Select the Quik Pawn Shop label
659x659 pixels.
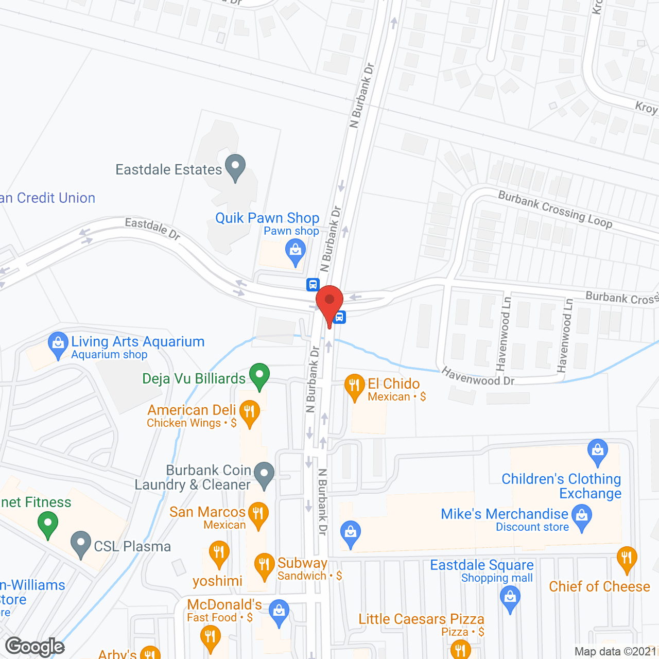[267, 218]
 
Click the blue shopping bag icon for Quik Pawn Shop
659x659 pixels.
[296, 252]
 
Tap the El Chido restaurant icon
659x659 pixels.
[354, 386]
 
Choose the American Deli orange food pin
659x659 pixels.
[249, 412]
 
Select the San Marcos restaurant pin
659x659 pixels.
[258, 514]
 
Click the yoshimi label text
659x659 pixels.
[217, 581]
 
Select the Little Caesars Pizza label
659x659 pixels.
[421, 619]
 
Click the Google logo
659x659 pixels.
[35, 647]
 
